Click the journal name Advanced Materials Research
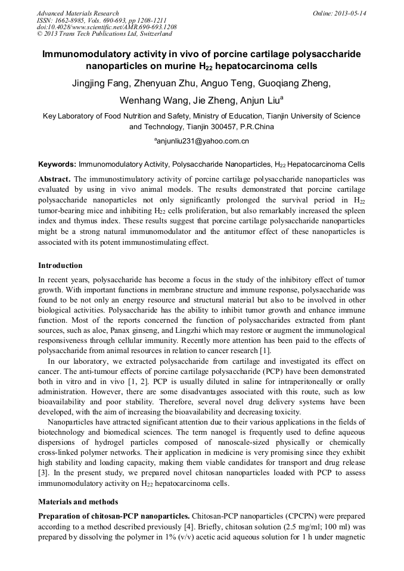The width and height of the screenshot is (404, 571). point(77,13)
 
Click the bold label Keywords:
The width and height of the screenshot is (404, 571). point(57,164)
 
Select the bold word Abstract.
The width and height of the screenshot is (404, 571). point(55,179)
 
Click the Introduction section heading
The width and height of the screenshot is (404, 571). point(60,266)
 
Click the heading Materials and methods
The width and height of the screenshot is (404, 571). point(78,502)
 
